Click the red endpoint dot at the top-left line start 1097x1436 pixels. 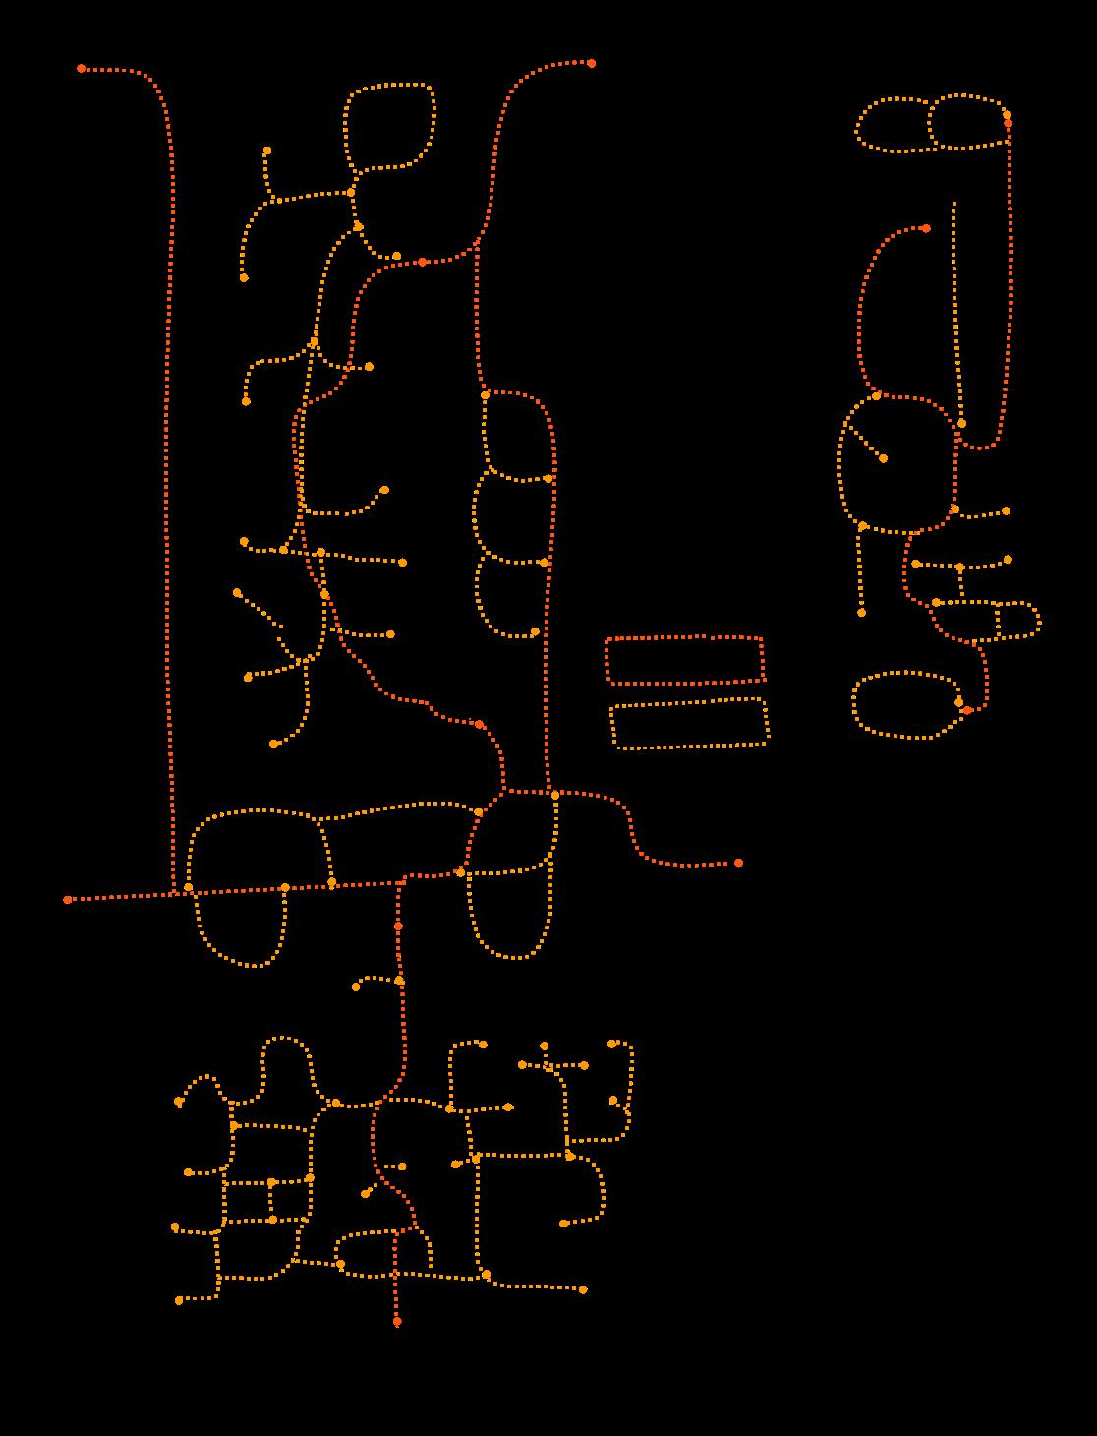[x=82, y=69]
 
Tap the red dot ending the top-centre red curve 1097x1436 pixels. [x=591, y=63]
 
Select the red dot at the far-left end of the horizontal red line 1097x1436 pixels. [x=68, y=899]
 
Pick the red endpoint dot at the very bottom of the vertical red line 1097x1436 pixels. [x=397, y=1321]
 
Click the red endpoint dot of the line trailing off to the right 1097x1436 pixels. [x=738, y=863]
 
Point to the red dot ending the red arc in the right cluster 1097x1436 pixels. [x=926, y=228]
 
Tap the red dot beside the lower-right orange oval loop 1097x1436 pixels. [x=967, y=710]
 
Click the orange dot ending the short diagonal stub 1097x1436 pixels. [x=883, y=458]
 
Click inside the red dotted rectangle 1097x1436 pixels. [x=684, y=660]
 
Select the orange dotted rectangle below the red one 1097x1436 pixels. [x=689, y=724]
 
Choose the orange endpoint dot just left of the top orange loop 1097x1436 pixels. [x=267, y=150]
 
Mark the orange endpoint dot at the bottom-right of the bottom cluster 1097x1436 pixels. [x=583, y=1289]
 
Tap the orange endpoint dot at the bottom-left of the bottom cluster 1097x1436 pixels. [x=179, y=1300]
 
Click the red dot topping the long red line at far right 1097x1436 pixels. [x=1008, y=124]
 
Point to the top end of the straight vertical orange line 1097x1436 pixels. [x=954, y=204]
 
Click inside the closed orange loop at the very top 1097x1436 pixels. [x=389, y=128]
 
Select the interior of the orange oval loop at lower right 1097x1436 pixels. [x=904, y=704]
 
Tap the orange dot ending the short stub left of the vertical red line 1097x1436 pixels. [x=356, y=987]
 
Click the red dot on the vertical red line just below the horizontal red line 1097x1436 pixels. [x=398, y=927]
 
